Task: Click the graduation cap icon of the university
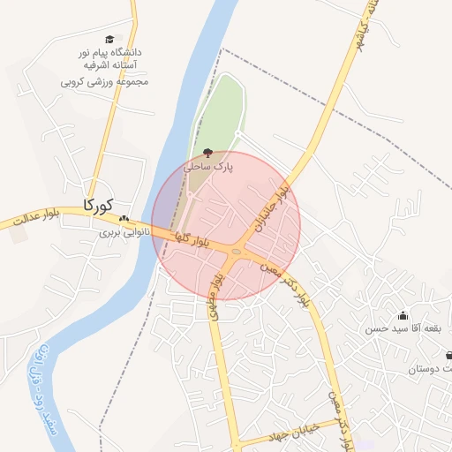pos(109,39)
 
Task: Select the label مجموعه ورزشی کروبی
pos(104,81)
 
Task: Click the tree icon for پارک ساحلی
pos(208,153)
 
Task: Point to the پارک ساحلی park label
pos(208,166)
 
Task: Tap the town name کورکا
pos(99,205)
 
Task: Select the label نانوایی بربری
pos(120,233)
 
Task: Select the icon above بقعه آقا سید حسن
pos(403,315)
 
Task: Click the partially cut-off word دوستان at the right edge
pos(430,369)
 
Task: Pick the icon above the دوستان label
pos(448,356)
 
